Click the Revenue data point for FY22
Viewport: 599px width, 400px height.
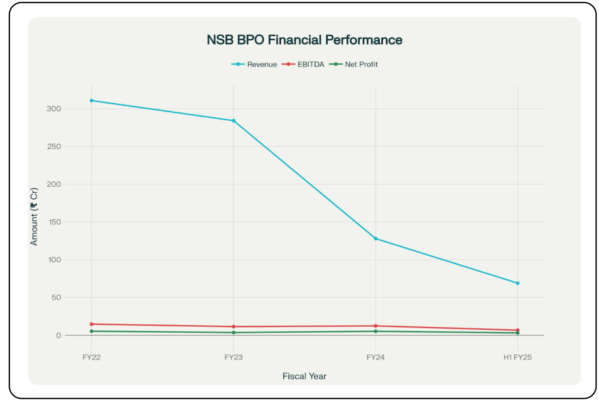coord(91,100)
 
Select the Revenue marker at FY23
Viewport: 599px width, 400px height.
coord(234,121)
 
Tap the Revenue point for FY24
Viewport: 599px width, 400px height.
coord(375,239)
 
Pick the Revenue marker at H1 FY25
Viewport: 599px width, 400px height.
coord(518,283)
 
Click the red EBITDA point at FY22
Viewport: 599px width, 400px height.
coord(91,324)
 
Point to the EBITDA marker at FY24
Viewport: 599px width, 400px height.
coord(375,326)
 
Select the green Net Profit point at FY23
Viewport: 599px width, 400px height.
coord(234,333)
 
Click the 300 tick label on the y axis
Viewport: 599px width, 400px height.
coord(54,109)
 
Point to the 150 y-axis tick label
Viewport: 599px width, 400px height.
coord(55,222)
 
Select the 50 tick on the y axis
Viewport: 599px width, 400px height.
coord(56,297)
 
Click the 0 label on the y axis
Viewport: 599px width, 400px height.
coord(59,336)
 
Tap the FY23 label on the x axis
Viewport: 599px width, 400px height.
coord(234,357)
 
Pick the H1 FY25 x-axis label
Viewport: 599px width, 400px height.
coord(518,357)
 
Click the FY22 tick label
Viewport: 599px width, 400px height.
coord(91,357)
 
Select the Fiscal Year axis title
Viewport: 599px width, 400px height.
coord(304,376)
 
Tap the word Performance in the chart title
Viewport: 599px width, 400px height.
coord(363,40)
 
